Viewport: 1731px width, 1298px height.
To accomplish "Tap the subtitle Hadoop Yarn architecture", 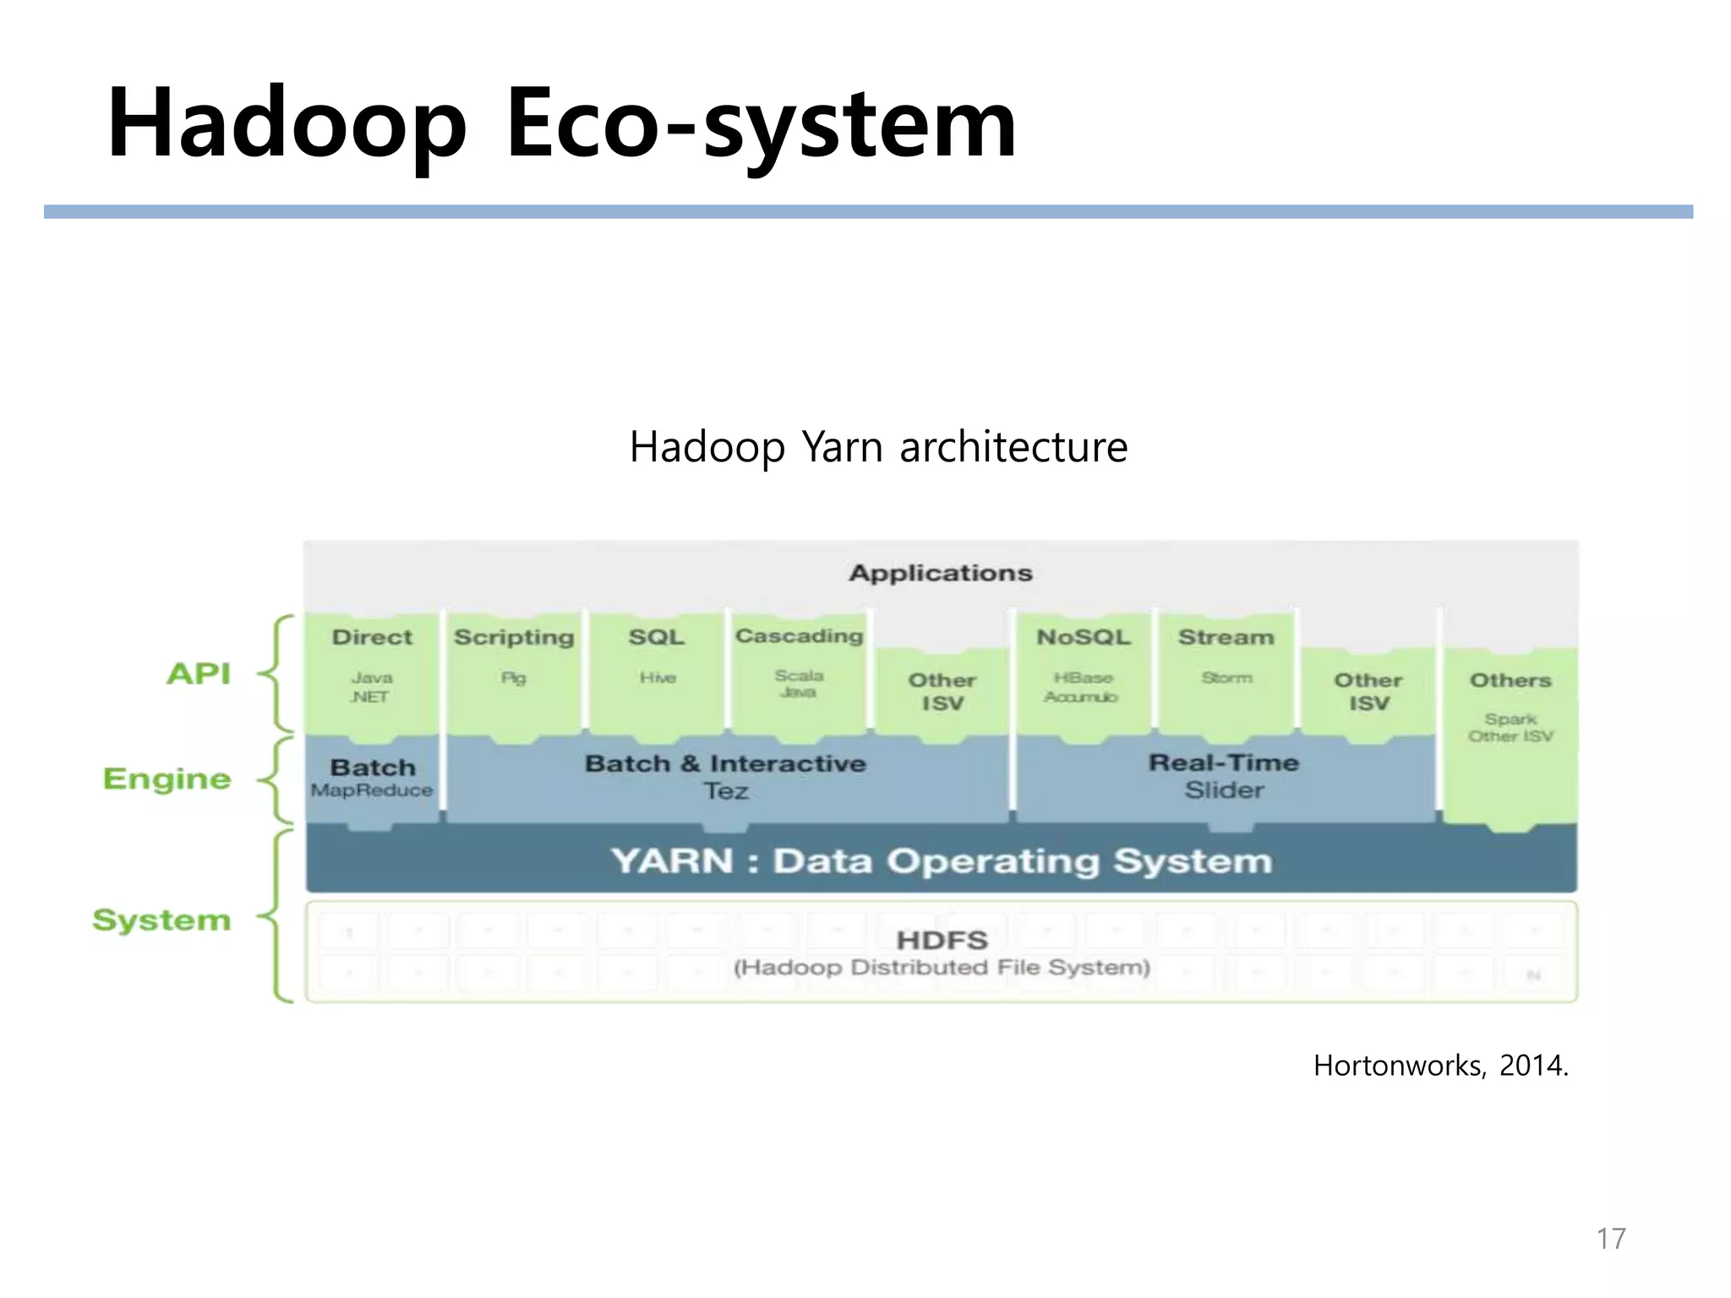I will point(878,447).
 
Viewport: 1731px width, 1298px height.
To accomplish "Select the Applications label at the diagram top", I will point(941,573).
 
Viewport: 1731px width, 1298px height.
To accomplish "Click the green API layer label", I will point(199,674).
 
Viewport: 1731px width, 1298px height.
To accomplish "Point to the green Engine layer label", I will point(167,778).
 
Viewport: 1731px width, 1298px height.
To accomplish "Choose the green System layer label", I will point(161,919).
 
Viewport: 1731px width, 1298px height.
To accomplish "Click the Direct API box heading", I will point(372,637).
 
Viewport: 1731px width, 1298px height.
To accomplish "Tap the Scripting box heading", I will point(514,637).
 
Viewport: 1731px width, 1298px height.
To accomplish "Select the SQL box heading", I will point(657,637).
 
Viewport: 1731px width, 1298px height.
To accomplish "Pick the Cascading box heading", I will point(799,635).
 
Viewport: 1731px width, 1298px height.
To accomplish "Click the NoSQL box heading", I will point(1084,637).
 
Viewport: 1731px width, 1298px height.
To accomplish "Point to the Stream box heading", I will point(1226,637).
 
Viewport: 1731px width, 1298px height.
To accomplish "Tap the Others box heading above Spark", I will point(1510,680).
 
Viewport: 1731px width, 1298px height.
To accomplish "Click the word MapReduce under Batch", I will point(372,790).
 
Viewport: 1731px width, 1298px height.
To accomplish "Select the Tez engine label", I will point(726,791).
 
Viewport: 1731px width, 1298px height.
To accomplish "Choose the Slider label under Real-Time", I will point(1224,790).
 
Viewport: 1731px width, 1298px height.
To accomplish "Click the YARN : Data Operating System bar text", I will point(941,861).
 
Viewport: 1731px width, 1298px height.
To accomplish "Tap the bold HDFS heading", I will point(942,940).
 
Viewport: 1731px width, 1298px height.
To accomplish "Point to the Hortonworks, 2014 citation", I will point(1440,1066).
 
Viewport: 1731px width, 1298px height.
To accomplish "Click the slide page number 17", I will point(1611,1238).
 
